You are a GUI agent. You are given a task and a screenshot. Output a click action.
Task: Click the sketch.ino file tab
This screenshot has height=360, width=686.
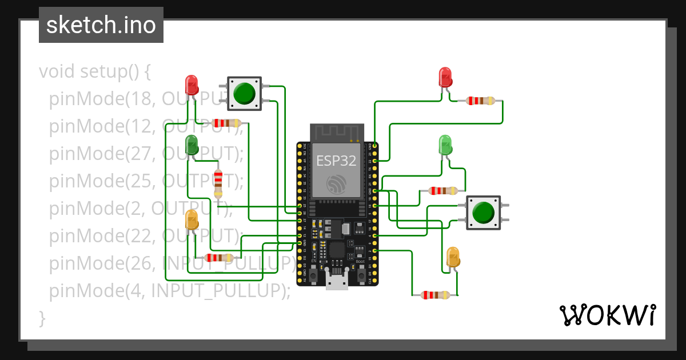point(101,25)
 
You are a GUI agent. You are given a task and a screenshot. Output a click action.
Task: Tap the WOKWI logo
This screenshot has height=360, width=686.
point(607,315)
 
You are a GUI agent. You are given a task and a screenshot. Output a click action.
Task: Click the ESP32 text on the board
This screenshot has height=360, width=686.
point(337,161)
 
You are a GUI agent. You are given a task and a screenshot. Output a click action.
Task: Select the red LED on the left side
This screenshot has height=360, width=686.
point(192,85)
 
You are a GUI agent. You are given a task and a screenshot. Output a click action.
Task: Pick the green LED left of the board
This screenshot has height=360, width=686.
point(192,145)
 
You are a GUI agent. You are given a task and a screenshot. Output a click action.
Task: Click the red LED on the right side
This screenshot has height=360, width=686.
point(445,77)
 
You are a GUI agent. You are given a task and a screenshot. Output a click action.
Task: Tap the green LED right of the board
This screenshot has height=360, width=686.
point(445,145)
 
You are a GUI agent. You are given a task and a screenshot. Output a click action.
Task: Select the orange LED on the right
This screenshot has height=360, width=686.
point(453,257)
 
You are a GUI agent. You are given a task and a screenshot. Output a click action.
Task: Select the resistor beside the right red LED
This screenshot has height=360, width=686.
point(480,101)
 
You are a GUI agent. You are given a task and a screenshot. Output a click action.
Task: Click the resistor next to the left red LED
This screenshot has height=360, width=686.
point(226,123)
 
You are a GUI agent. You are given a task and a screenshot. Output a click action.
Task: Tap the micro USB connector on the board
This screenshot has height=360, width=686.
point(337,281)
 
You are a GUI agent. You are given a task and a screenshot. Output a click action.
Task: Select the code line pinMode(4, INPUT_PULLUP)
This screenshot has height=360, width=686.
point(170,291)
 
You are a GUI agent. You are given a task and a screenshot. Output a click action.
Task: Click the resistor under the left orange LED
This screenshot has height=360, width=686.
point(219,258)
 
